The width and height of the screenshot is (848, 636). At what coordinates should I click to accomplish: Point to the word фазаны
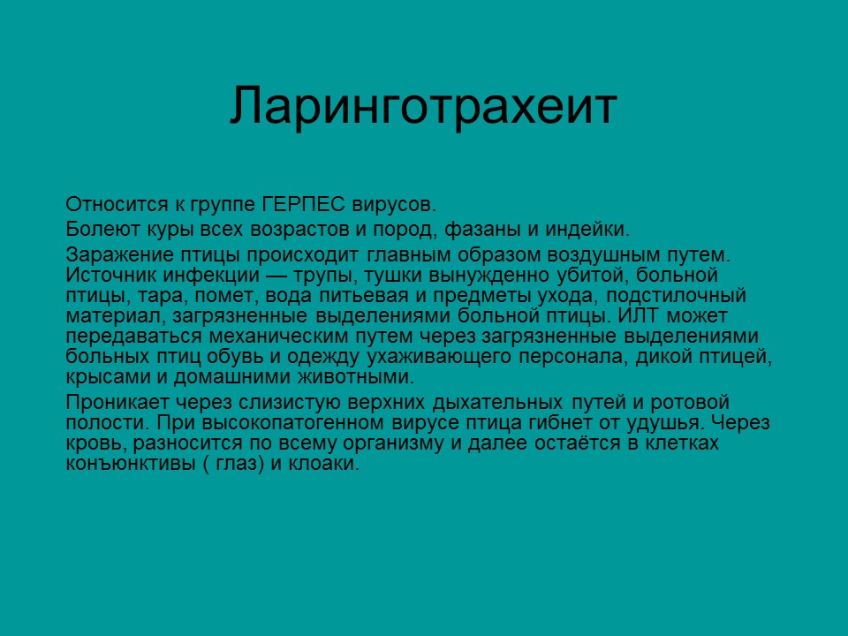(487, 230)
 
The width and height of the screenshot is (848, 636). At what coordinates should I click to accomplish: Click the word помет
(224, 295)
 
